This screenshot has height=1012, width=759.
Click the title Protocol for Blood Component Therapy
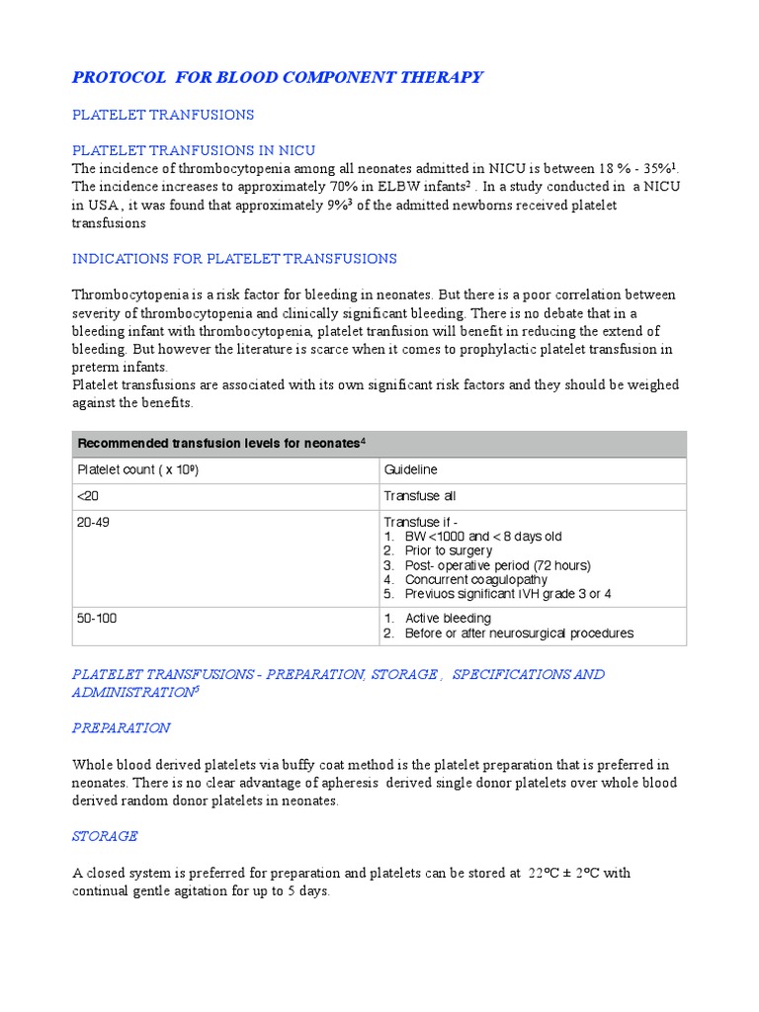point(278,77)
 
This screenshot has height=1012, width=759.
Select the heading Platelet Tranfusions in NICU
point(194,150)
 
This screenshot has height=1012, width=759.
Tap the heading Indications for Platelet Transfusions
point(234,259)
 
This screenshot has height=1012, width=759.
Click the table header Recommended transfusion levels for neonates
point(217,444)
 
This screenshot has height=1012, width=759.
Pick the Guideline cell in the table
point(411,470)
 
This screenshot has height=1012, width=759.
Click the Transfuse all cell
point(420,496)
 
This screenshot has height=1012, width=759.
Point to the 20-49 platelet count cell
point(93,522)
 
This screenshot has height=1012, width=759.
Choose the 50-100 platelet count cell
point(96,618)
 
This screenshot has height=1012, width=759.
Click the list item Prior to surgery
point(448,550)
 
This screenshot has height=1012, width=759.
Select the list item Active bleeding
point(448,619)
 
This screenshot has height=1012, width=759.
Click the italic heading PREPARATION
point(121,728)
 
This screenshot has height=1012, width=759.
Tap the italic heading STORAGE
point(105,836)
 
